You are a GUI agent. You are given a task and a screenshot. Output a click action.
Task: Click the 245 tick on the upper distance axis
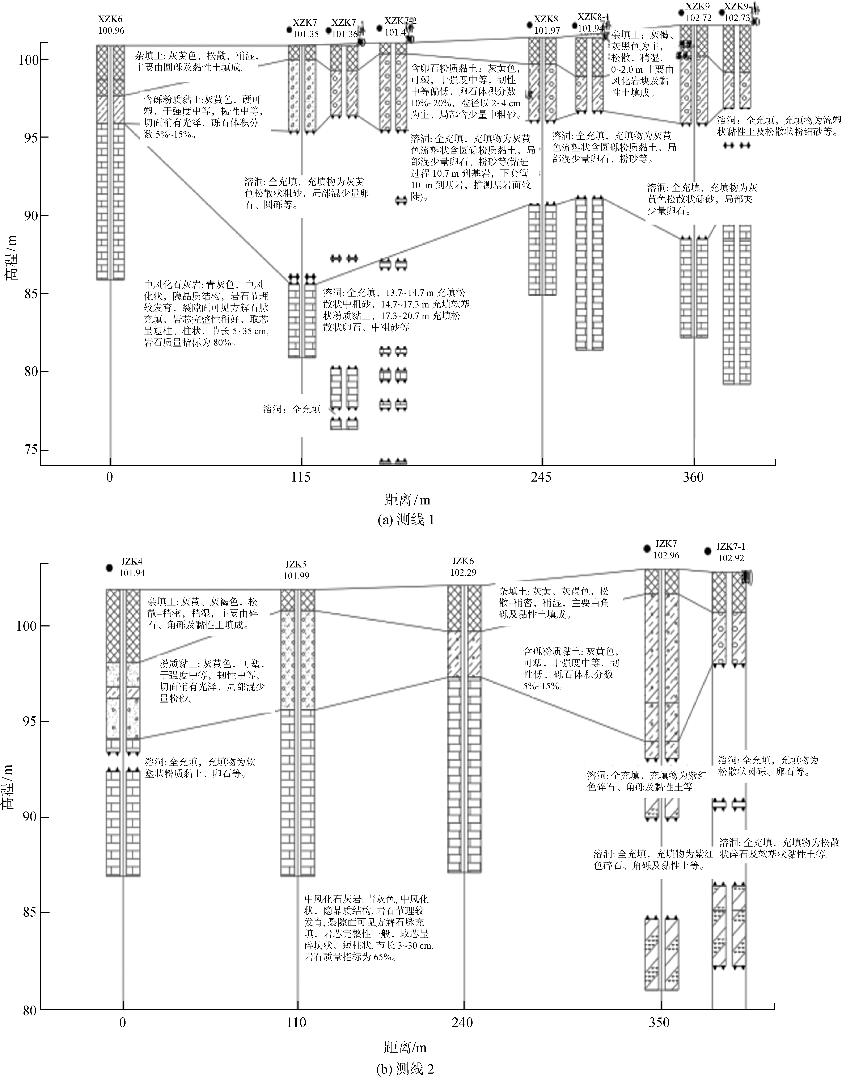coord(542,477)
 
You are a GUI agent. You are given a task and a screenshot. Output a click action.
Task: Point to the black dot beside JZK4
coord(110,568)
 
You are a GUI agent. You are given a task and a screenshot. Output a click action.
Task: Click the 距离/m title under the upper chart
coord(407,500)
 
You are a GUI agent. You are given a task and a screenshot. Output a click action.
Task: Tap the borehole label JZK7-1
coord(731,546)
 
